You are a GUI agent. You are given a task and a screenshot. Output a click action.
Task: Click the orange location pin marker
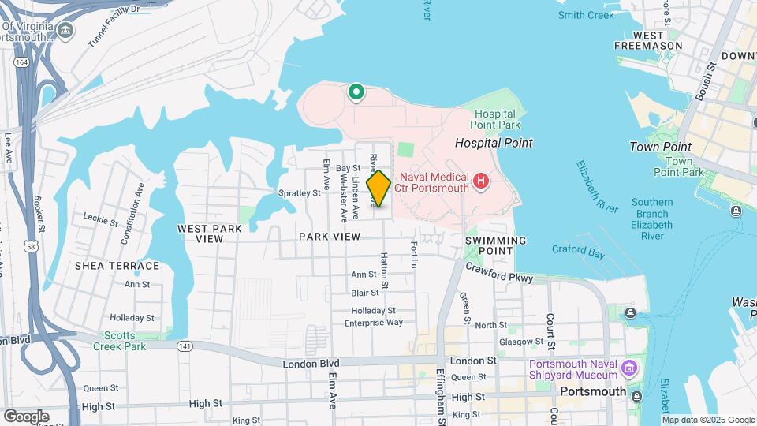pyautogui.click(x=378, y=189)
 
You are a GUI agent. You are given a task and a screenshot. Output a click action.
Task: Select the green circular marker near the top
pyautogui.click(x=356, y=93)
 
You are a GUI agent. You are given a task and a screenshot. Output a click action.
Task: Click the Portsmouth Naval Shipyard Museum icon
pyautogui.click(x=629, y=368)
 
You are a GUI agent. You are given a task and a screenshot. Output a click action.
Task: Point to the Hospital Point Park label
pyautogui.click(x=495, y=119)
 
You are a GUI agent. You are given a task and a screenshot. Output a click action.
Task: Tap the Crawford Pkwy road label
pyautogui.click(x=498, y=272)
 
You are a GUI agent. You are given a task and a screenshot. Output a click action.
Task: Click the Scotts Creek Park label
pyautogui.click(x=120, y=341)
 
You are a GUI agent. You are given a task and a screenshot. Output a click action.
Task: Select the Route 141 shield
pyautogui.click(x=185, y=346)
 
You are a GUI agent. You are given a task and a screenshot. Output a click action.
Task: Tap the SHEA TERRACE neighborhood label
pyautogui.click(x=117, y=266)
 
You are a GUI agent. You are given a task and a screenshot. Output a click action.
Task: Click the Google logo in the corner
pyautogui.click(x=25, y=416)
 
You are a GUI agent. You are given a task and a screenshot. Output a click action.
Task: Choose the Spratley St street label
pyautogui.click(x=300, y=192)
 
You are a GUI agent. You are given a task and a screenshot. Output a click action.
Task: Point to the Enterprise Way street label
pyautogui.click(x=374, y=322)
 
